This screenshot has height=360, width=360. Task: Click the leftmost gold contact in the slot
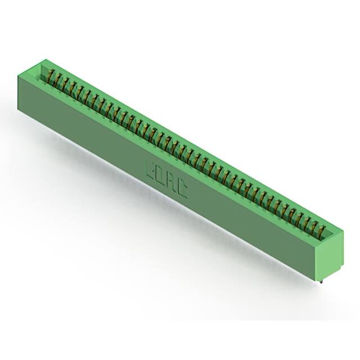50,75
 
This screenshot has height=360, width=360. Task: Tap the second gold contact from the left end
57,79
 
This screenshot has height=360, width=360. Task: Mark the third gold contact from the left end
65,83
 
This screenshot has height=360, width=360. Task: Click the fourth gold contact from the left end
72,87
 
